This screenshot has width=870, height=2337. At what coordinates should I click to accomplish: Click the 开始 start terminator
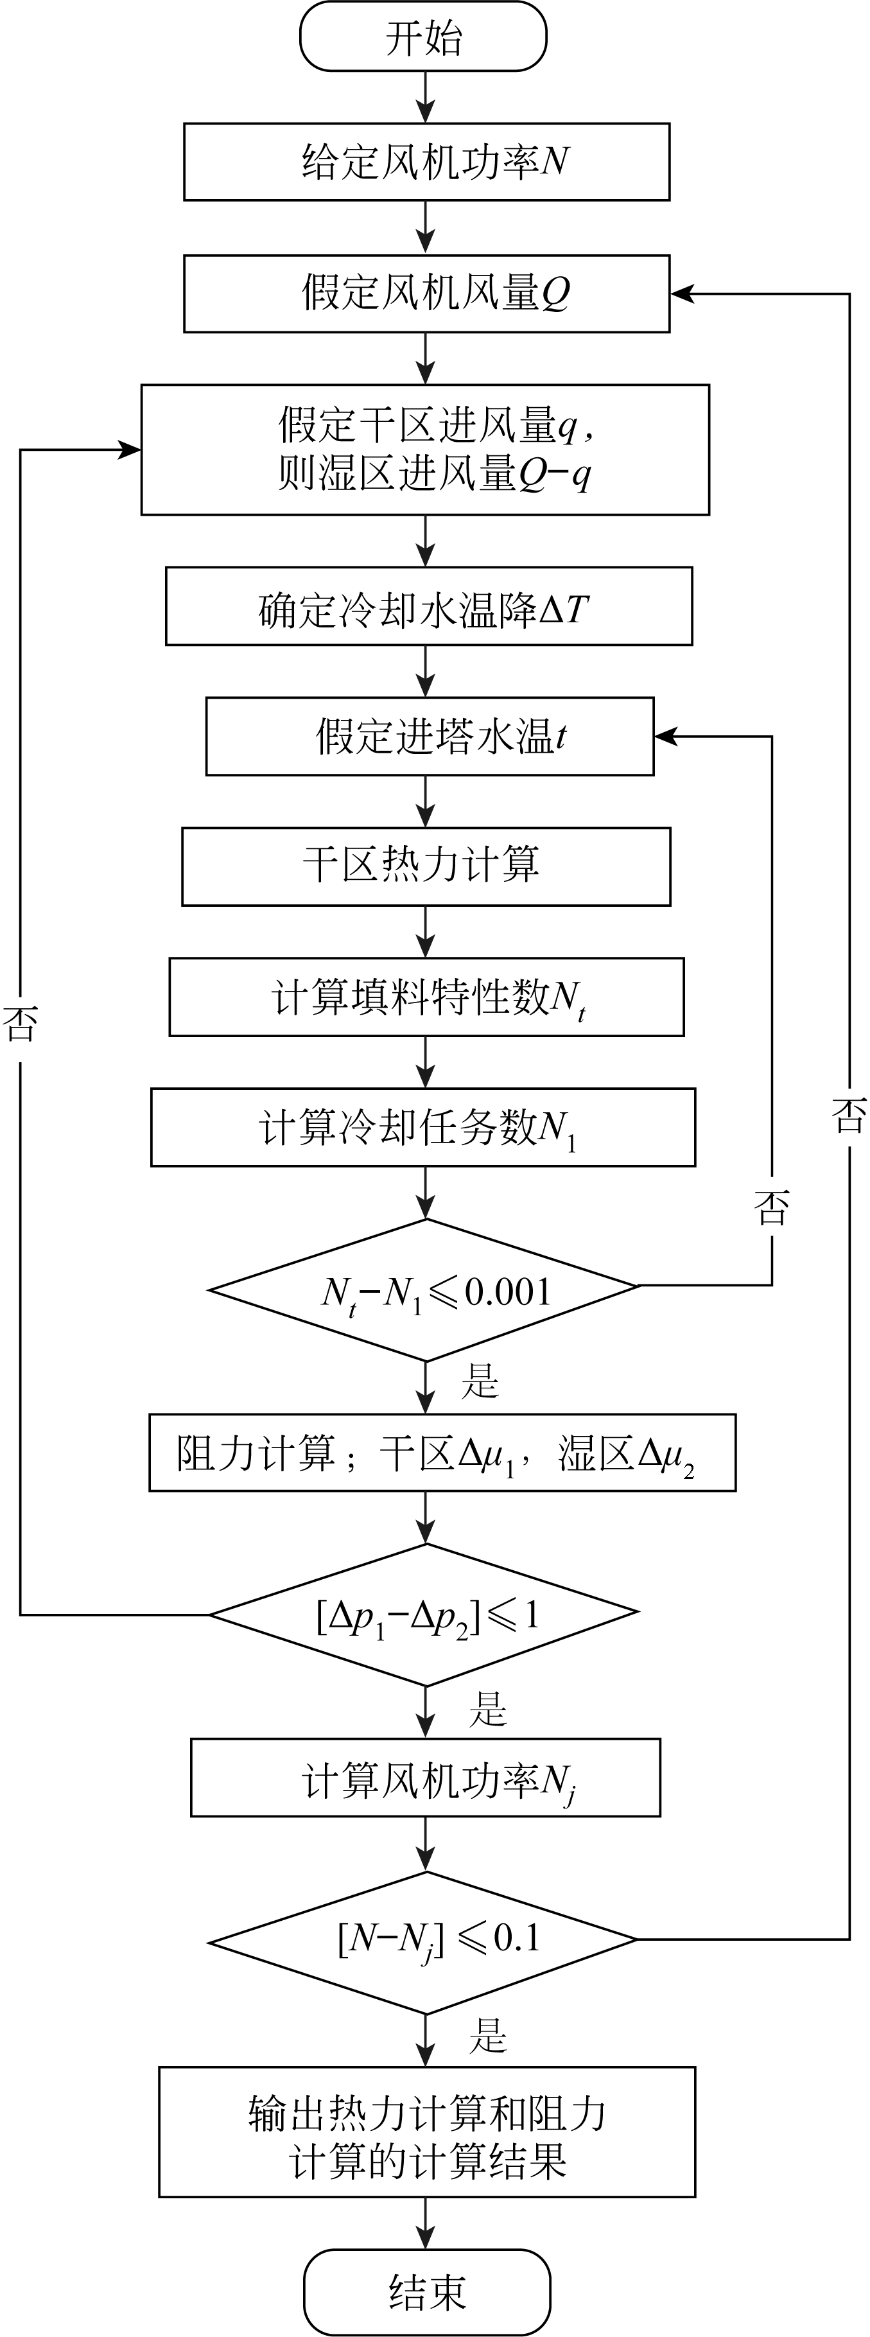click(x=424, y=37)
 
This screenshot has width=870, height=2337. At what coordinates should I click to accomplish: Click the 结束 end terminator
click(x=426, y=2293)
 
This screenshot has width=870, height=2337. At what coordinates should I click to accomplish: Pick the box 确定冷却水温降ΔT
click(x=428, y=607)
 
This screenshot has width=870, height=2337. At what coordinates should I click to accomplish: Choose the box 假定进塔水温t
click(x=429, y=737)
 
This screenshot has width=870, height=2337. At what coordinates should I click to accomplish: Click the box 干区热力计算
click(x=426, y=866)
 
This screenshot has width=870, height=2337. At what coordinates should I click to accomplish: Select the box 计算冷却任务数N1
click(x=422, y=1128)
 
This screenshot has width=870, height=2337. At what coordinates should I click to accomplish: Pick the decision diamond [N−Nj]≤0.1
click(x=424, y=1939)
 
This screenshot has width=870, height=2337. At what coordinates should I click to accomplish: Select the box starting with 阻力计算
click(x=442, y=1453)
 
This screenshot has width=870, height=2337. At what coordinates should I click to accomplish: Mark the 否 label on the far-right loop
click(x=849, y=1115)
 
